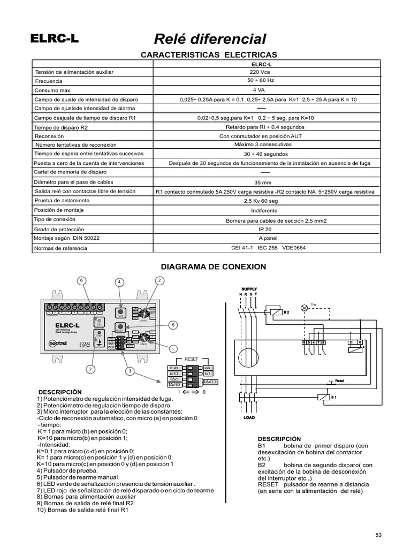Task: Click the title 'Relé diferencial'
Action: [210, 39]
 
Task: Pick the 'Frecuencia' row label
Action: [49, 81]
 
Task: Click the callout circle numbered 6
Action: [82, 280]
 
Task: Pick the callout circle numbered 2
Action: [159, 280]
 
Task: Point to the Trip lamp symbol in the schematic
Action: [305, 308]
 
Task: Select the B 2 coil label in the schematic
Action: [286, 312]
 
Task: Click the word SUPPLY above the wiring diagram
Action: [249, 289]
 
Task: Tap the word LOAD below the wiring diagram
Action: [249, 417]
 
